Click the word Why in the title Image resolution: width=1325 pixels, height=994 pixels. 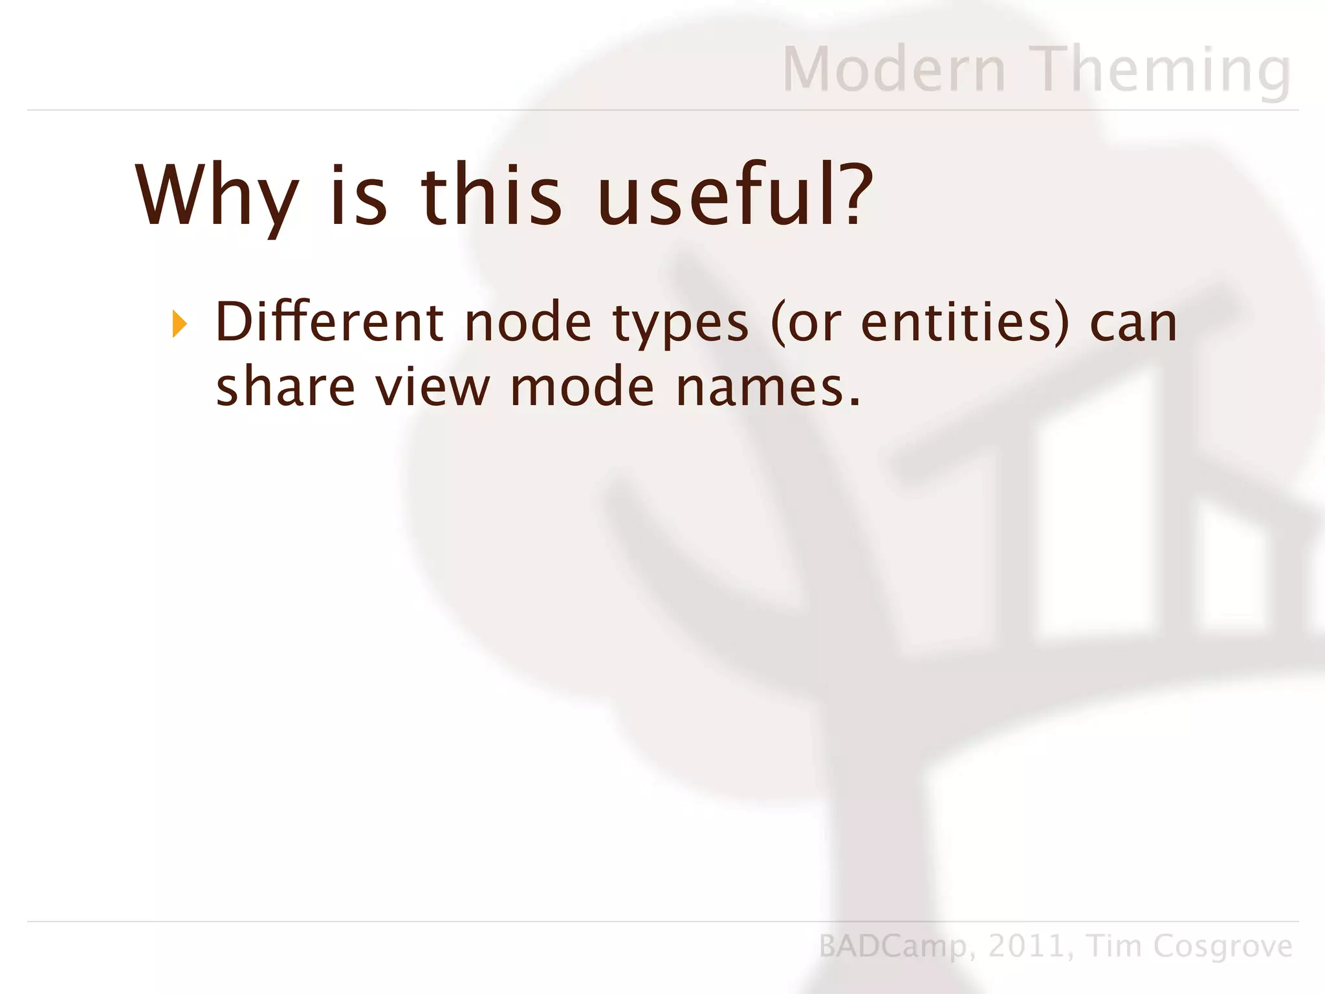[217, 197]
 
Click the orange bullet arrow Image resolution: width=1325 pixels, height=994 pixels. [180, 324]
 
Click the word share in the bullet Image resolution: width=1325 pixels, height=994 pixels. [285, 386]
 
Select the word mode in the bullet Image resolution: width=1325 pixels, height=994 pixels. [582, 386]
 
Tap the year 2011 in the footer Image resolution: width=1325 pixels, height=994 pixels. [1025, 946]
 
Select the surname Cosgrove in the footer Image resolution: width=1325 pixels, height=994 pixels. [1223, 947]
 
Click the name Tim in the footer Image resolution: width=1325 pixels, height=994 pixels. [1111, 945]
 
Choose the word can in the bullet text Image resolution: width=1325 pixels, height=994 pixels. [1133, 323]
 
